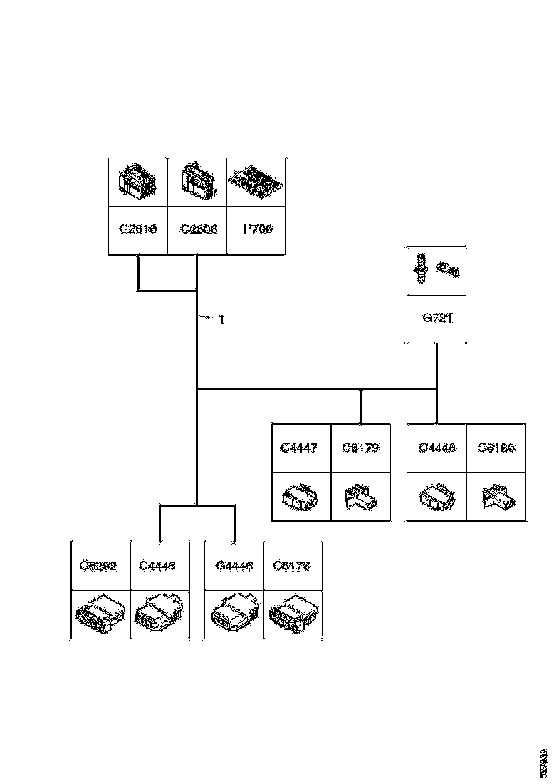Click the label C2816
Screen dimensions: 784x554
(x=137, y=229)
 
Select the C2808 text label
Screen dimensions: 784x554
(x=197, y=229)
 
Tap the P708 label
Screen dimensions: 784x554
(x=257, y=229)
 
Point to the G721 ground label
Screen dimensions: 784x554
(x=436, y=319)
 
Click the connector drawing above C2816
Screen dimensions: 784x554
(x=137, y=182)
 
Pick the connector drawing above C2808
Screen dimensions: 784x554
(x=197, y=182)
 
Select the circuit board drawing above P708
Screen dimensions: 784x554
(x=257, y=182)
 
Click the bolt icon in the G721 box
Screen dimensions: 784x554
(x=421, y=269)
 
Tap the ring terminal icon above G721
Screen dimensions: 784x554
(x=448, y=269)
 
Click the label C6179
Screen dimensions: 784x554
(x=360, y=448)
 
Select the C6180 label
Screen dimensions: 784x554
(x=496, y=448)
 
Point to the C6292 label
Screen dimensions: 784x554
(x=99, y=566)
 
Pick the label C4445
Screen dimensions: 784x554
(x=159, y=566)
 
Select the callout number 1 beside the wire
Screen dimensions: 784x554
(x=221, y=320)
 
